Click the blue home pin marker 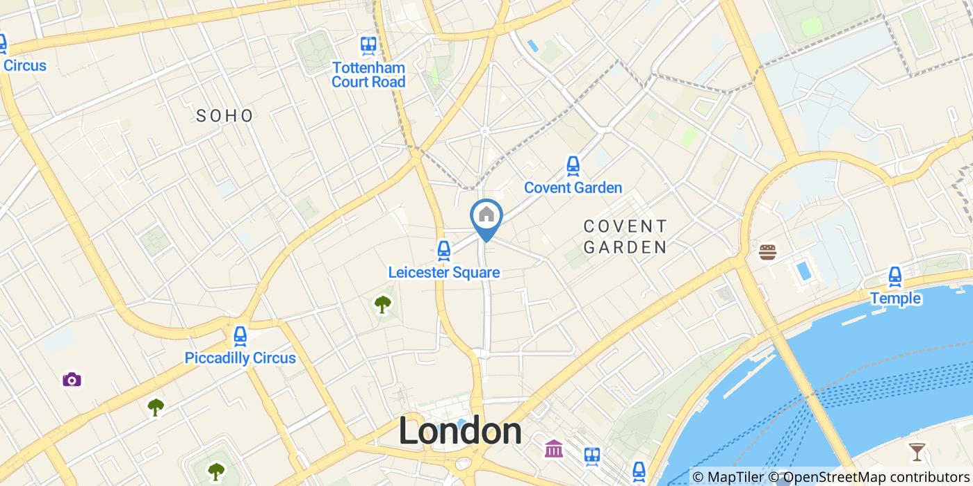(x=486, y=216)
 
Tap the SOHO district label (x=224, y=116)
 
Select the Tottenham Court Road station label (x=368, y=75)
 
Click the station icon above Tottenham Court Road (x=368, y=46)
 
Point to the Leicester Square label (x=443, y=272)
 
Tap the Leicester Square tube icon (x=443, y=250)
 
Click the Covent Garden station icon (x=573, y=165)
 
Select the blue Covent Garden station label (x=573, y=187)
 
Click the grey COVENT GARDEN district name (x=625, y=237)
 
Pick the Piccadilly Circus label (x=240, y=358)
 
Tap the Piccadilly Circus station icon (x=240, y=336)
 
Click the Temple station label (x=895, y=299)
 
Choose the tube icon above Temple (x=895, y=276)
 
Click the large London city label (x=460, y=431)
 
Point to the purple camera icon (x=72, y=379)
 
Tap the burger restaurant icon (x=767, y=252)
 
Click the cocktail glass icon (x=917, y=452)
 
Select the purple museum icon (x=554, y=449)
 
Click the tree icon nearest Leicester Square (x=382, y=303)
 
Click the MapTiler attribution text (x=727, y=477)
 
